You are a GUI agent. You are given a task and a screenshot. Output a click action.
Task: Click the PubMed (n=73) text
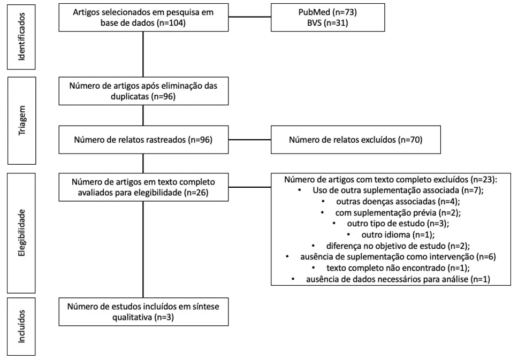327,12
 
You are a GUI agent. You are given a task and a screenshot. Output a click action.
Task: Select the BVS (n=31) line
327,23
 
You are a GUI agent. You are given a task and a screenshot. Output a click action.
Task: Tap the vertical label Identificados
21,37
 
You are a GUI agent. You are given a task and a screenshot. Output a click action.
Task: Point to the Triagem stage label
21,120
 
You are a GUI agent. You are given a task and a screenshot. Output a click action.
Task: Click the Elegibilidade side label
21,233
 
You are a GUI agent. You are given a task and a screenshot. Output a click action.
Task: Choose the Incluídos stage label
21,326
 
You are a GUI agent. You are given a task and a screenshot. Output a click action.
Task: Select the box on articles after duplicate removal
143,91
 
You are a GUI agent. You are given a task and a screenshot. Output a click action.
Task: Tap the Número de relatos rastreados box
143,140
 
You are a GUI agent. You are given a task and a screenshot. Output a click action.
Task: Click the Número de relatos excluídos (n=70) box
356,140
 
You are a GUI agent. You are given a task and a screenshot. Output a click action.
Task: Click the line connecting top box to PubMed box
250,17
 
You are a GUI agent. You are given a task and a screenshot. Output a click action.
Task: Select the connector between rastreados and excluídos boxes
250,140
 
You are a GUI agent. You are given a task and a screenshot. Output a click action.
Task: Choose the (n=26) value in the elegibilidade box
196,193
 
